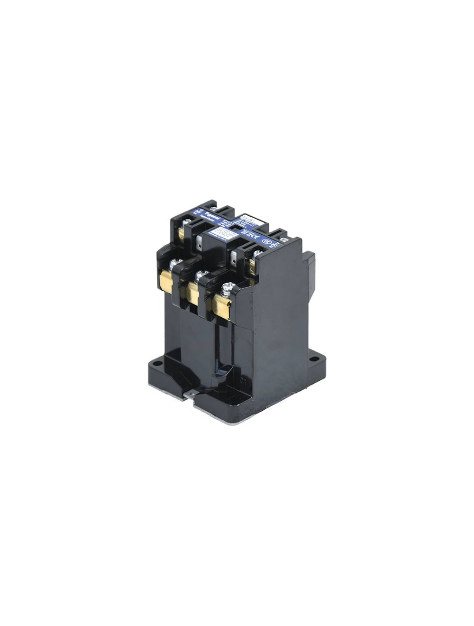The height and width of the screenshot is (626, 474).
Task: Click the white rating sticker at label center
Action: [223, 232]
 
